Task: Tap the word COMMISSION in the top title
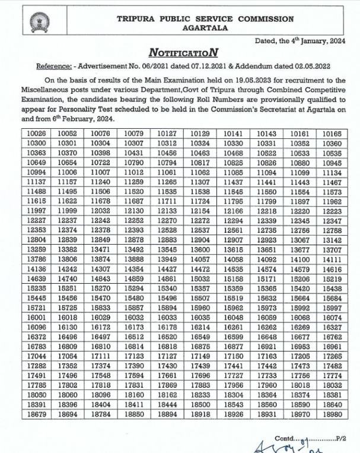point(266,19)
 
